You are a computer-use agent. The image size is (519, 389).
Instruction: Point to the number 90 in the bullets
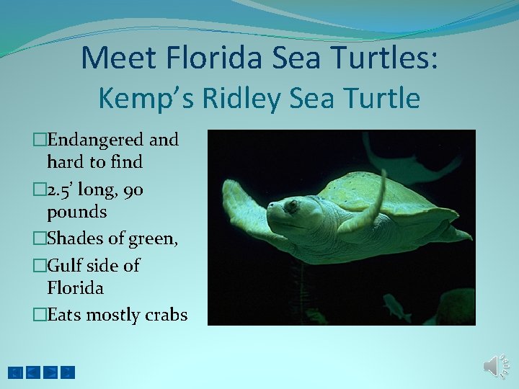(x=132, y=190)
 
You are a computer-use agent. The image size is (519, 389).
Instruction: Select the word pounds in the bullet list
(x=76, y=213)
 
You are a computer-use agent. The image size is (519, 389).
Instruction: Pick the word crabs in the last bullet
(x=167, y=315)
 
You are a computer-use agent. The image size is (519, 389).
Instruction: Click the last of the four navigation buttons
(x=68, y=372)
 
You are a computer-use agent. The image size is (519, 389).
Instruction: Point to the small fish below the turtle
(x=396, y=306)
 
